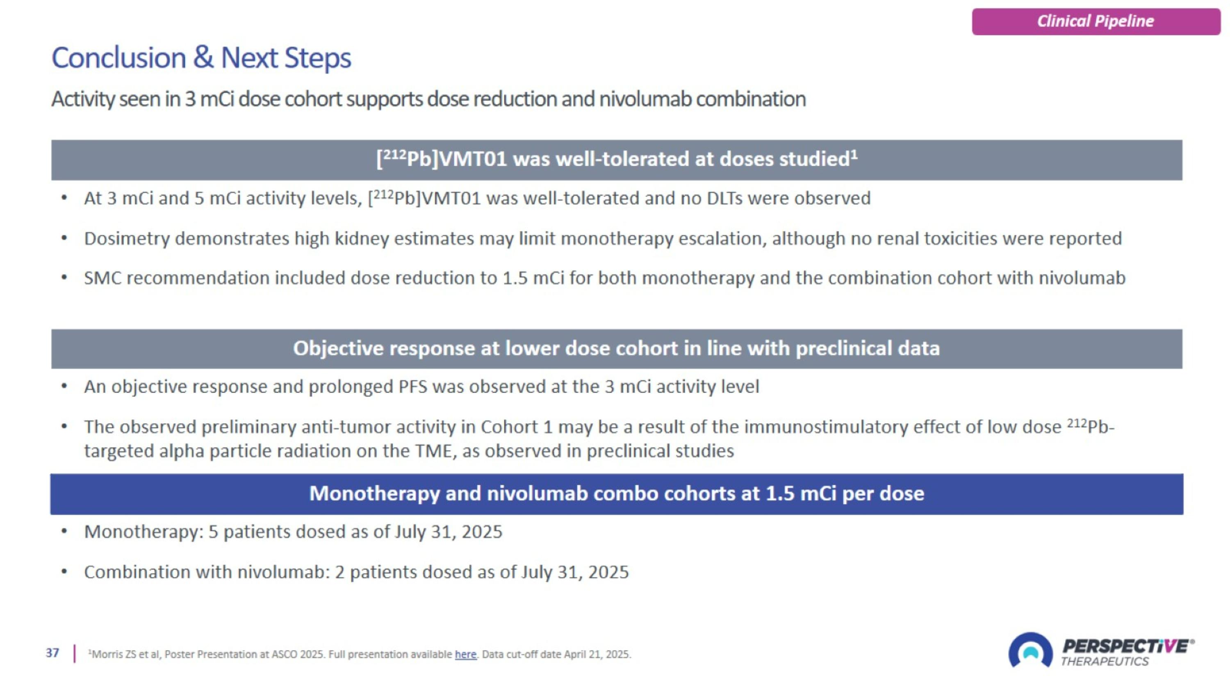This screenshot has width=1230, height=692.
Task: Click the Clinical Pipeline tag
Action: [1096, 21]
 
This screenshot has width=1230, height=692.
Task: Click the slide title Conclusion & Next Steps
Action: [201, 58]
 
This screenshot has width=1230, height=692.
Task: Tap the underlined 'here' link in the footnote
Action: [465, 654]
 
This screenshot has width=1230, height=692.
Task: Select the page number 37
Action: [52, 653]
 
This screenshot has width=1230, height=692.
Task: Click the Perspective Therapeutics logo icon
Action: [1030, 651]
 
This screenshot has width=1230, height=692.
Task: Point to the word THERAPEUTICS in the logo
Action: [1105, 662]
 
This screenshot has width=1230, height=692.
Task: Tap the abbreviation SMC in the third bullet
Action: [102, 278]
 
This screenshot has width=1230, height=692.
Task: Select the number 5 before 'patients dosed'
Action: [213, 532]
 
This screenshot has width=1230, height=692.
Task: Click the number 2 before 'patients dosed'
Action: [339, 572]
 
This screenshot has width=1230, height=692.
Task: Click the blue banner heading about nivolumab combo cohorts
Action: [616, 494]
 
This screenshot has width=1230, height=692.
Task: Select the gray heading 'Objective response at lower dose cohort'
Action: [616, 349]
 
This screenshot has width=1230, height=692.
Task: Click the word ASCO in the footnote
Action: [284, 654]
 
